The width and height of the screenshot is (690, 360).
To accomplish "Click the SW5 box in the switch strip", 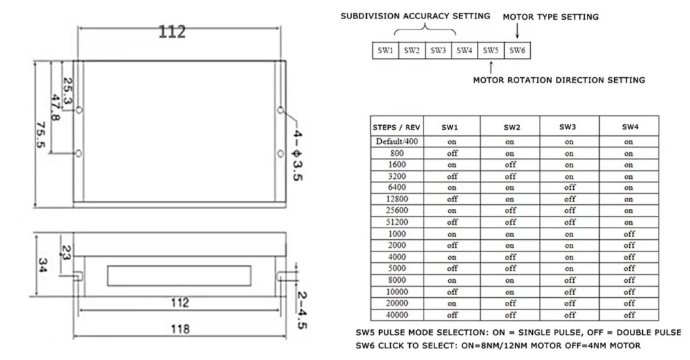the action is click(491, 50).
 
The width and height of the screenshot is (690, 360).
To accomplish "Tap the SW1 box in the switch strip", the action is click(385, 50).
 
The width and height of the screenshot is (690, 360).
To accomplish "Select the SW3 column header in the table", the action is click(568, 127).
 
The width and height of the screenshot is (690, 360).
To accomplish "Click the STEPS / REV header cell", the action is click(396, 127).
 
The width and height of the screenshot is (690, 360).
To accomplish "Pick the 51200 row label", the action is click(397, 222).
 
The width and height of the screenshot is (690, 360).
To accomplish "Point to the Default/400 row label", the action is click(397, 141).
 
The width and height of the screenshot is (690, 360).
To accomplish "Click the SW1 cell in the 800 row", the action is click(452, 153).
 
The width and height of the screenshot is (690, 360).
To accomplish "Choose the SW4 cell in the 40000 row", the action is click(629, 315).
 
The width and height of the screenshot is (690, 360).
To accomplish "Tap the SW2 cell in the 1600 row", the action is click(510, 165).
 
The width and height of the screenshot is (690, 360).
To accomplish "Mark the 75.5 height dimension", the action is click(40, 135).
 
